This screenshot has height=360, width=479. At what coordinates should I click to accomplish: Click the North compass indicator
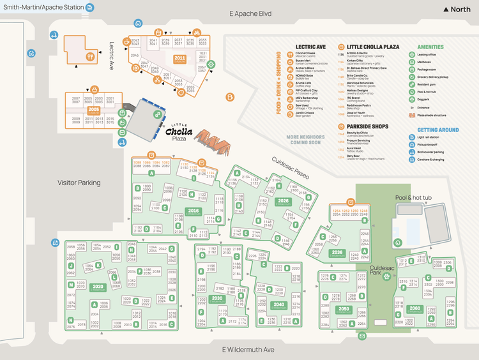point(457,10)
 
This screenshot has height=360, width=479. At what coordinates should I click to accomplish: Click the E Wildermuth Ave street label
point(248,350)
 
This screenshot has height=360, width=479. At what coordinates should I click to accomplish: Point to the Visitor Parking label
point(79,183)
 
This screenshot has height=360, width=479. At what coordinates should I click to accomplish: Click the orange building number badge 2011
point(179,59)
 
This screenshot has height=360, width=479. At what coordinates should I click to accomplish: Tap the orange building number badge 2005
point(95,110)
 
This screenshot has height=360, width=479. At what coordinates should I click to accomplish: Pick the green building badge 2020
point(98,287)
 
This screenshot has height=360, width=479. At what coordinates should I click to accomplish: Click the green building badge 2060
point(415,308)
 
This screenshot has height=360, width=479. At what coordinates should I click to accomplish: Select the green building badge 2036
point(337,252)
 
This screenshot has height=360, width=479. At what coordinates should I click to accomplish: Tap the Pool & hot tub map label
point(413,198)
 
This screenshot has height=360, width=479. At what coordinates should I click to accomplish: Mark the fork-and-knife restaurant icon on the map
point(91,56)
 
